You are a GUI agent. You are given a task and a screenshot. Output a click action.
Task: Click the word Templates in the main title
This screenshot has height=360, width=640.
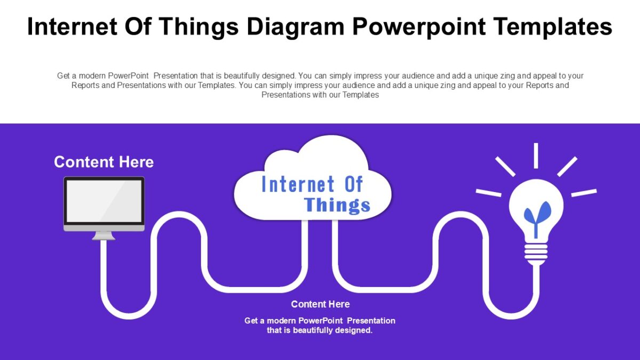553,26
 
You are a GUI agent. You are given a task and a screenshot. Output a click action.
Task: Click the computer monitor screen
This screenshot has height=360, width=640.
104,201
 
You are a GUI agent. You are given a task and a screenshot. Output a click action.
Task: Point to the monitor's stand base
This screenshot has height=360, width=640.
103,237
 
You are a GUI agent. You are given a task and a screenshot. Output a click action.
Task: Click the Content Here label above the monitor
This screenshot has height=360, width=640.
104,162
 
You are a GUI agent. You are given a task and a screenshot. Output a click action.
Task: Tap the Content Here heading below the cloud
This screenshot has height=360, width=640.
320,304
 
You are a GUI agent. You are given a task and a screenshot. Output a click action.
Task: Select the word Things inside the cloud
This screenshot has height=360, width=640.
337,205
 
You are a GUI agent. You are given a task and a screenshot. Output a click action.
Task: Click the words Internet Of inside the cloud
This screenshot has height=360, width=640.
312,185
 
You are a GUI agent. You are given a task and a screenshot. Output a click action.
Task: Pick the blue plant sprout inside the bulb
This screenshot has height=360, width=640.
537,214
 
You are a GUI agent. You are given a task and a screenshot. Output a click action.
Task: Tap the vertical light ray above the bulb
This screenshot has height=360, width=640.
536,155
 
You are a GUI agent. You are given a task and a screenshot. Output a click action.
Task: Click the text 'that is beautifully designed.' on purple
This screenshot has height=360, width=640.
319,330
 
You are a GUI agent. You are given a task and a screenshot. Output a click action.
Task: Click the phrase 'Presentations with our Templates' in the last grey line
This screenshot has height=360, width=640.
320,95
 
